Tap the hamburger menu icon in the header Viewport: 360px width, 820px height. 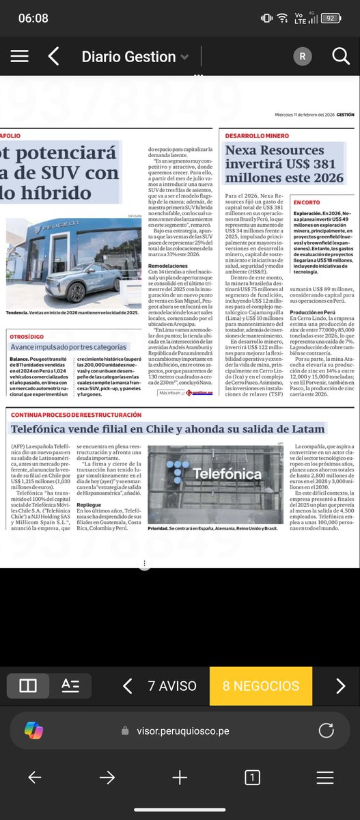pyautogui.click(x=20, y=57)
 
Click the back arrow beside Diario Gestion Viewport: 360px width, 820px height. pyautogui.click(x=54, y=57)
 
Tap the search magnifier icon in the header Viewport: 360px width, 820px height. pyautogui.click(x=340, y=57)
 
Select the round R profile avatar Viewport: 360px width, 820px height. pyautogui.click(x=301, y=57)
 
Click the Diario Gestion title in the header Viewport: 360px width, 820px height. pyautogui.click(x=129, y=57)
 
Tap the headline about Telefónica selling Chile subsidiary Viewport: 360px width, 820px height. pyautogui.click(x=168, y=429)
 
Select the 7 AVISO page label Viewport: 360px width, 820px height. pyautogui.click(x=172, y=666)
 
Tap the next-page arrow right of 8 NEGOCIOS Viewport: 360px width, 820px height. pyautogui.click(x=340, y=666)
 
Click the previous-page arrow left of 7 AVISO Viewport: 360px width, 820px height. pyautogui.click(x=127, y=666)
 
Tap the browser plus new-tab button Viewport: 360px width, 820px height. pyautogui.click(x=180, y=777)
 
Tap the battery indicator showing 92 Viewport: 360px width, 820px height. pyautogui.click(x=331, y=18)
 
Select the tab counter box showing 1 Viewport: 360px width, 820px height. pyautogui.click(x=252, y=777)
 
